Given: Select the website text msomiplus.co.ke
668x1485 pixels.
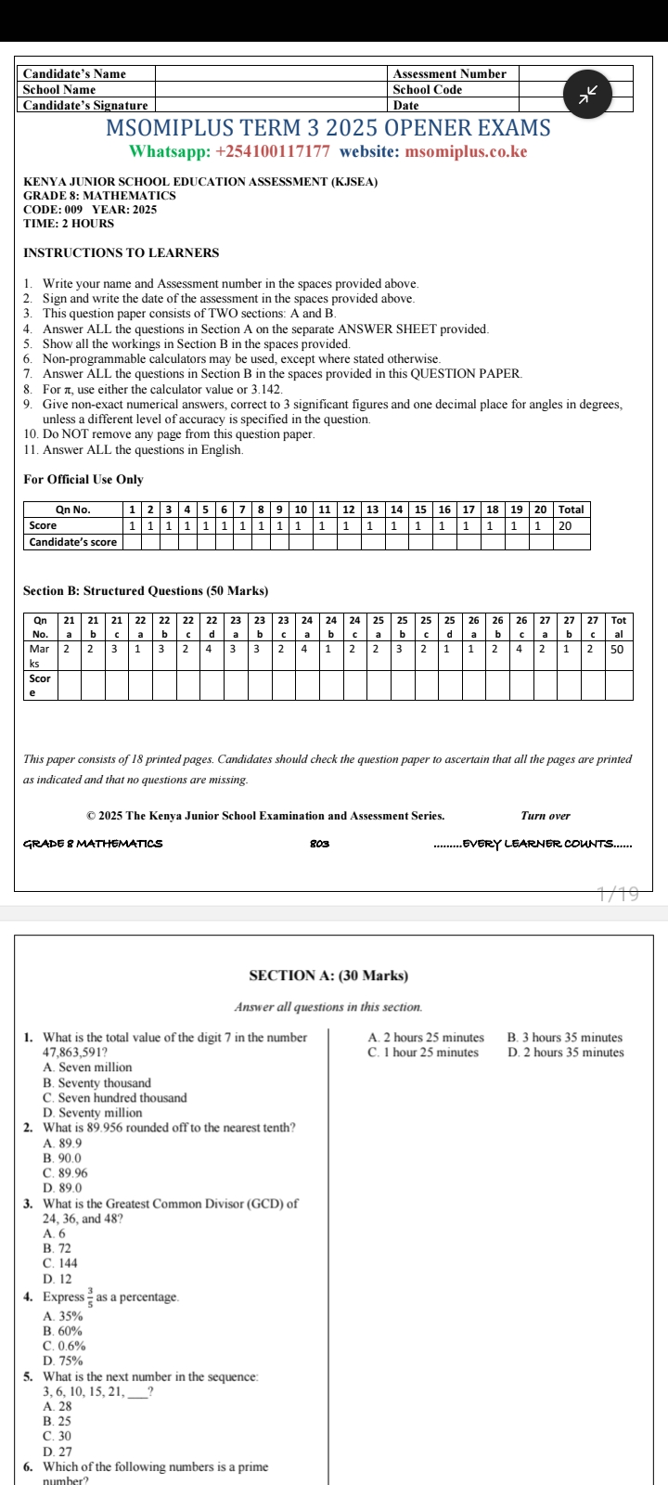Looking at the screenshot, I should click(x=466, y=152).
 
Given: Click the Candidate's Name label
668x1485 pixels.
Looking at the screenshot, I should click(x=74, y=73).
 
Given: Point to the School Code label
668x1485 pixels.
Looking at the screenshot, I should click(x=427, y=90).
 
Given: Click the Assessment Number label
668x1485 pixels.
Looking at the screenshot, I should click(x=449, y=73).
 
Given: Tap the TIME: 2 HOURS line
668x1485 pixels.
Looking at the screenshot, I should click(x=69, y=224).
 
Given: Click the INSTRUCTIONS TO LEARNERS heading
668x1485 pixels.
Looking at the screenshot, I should click(x=122, y=253).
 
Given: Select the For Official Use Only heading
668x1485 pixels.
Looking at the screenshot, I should click(x=83, y=480).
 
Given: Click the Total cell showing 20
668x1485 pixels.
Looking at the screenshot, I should click(x=572, y=525).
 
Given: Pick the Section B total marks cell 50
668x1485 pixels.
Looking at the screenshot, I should click(x=617, y=650).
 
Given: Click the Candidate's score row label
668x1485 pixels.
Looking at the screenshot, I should click(x=73, y=542).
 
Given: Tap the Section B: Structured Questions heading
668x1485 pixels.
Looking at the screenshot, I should click(x=146, y=591).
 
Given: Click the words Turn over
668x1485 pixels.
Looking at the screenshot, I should click(x=546, y=816).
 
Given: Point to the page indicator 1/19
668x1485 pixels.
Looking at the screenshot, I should click(x=618, y=895).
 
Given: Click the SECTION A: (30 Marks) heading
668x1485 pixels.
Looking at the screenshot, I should click(x=328, y=975).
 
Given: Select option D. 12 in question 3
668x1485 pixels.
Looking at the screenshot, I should click(x=58, y=1279).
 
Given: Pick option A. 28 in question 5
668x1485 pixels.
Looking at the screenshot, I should click(x=58, y=1407).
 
